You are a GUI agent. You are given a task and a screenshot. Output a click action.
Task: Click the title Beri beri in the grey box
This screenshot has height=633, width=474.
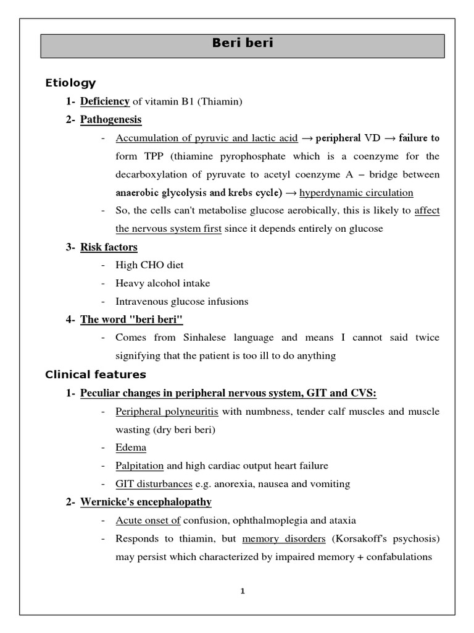(243, 43)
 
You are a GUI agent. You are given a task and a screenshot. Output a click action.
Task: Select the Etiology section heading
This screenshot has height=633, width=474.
(70, 83)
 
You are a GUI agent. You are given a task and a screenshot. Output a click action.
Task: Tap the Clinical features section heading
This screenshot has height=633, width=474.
(96, 374)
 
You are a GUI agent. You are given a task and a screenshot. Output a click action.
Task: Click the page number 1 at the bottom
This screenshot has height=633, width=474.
(243, 591)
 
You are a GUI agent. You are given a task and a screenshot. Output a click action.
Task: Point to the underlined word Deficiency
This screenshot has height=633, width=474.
(105, 101)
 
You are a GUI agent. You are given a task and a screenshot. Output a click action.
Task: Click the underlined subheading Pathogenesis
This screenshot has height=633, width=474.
(110, 119)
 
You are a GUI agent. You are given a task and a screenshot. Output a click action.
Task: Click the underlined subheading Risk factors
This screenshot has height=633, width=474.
(109, 247)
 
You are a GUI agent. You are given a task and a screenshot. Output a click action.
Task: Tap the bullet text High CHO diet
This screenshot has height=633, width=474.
(149, 265)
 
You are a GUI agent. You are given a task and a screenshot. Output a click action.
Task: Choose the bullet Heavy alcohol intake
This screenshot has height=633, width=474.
(162, 283)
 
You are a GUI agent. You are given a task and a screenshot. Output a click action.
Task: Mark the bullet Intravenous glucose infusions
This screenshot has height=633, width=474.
(181, 302)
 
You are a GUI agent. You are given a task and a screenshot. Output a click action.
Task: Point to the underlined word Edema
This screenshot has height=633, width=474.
(131, 447)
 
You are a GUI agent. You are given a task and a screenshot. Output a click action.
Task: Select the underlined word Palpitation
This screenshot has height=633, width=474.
(139, 465)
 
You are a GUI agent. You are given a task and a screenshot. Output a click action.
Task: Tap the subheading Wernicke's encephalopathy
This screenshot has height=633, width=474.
(146, 502)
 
